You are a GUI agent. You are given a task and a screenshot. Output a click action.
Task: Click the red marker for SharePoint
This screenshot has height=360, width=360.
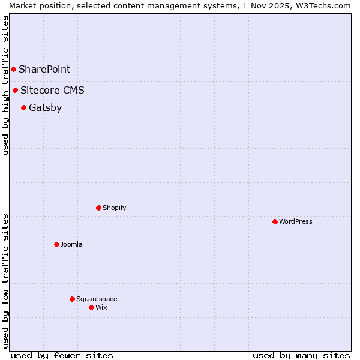click(13, 69)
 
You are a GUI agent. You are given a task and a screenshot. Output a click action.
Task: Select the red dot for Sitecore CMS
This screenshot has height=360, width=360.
click(16, 91)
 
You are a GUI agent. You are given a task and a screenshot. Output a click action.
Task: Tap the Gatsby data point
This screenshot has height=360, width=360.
click(24, 108)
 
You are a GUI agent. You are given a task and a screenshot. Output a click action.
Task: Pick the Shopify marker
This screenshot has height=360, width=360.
click(99, 208)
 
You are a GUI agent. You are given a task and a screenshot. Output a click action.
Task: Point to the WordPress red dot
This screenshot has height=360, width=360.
click(275, 222)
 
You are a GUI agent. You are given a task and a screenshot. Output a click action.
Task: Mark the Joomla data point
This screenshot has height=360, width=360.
click(57, 245)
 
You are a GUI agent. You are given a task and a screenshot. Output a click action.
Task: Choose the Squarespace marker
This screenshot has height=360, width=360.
click(73, 299)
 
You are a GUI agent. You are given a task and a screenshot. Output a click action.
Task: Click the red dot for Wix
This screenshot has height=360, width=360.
click(92, 308)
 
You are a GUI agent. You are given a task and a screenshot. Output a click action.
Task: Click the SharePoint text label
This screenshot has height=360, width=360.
click(44, 69)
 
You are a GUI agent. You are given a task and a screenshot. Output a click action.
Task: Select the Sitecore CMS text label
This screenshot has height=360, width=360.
click(52, 91)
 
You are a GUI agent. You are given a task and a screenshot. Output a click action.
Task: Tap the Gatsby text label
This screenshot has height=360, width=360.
click(45, 108)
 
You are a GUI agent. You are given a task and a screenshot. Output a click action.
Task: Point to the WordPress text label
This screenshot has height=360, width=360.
click(296, 222)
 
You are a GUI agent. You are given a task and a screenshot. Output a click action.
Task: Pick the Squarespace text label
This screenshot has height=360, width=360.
click(97, 299)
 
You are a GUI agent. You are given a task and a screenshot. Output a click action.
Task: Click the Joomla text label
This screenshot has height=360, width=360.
click(71, 245)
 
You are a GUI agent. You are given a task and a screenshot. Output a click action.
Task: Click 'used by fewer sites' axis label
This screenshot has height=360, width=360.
click(62, 355)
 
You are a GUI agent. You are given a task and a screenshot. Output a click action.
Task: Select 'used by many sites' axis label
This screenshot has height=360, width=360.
click(301, 355)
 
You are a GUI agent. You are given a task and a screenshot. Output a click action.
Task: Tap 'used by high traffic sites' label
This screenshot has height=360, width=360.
click(5, 85)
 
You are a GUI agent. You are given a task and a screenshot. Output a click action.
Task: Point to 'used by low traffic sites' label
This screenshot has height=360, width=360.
click(5, 280)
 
